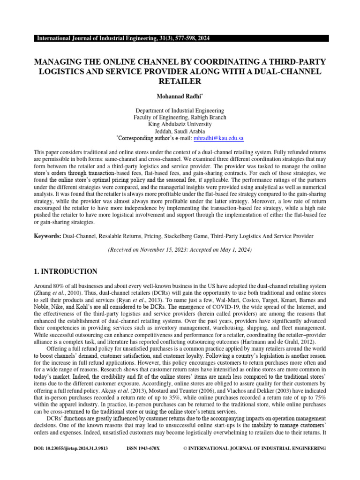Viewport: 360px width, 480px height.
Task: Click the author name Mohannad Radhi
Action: (180, 97)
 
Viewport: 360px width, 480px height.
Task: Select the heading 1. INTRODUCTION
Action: (66, 271)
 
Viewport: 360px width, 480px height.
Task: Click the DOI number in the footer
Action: (71, 449)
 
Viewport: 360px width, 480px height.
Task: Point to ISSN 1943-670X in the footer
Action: (143, 449)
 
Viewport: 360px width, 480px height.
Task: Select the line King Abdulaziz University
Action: (180, 124)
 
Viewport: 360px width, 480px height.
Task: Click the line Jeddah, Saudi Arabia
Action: (180, 131)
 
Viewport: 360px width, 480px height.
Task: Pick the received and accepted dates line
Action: (180, 250)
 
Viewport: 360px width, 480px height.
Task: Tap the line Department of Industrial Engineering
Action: (180, 110)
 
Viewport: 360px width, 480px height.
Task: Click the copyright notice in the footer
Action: (254, 449)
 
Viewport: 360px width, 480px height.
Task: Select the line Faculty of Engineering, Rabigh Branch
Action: (180, 117)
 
